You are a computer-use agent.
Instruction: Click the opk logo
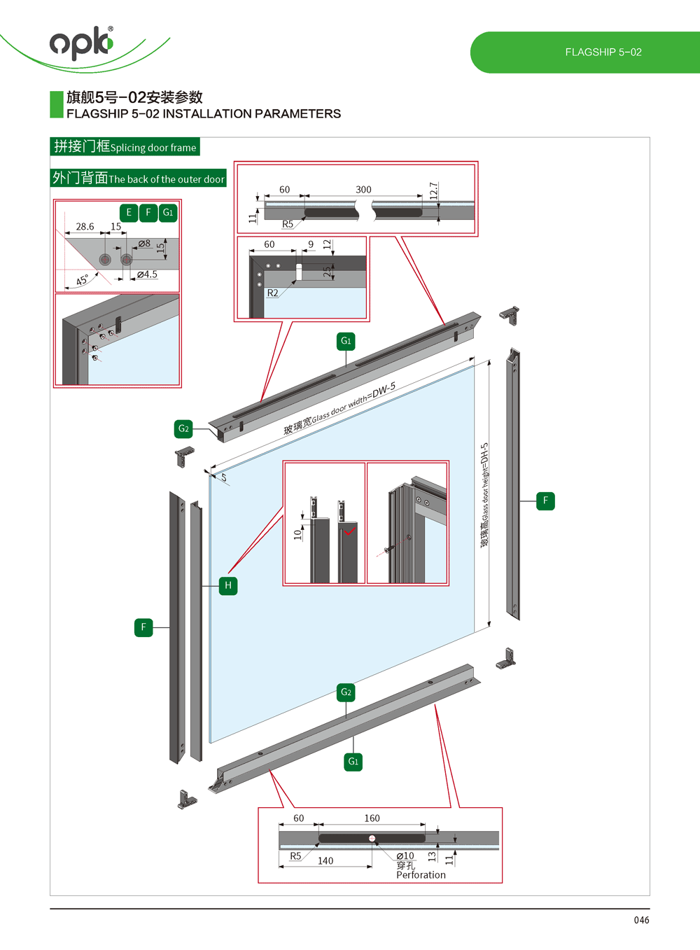point(81,43)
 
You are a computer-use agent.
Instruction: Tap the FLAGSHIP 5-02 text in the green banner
point(603,52)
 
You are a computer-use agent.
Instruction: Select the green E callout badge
point(129,212)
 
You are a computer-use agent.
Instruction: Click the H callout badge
point(228,585)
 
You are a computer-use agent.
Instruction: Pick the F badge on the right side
point(545,501)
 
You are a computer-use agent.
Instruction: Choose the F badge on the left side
point(143,627)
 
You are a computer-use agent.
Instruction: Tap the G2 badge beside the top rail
point(183,428)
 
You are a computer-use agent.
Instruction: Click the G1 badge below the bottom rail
point(353,761)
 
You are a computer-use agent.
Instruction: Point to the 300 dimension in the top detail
point(363,190)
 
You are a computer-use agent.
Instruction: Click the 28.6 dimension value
point(85,227)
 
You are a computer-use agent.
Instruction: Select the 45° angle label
point(83,280)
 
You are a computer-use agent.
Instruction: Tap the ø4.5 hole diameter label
point(147,274)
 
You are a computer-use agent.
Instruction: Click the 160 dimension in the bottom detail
point(372,818)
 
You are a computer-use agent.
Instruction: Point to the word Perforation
point(421,875)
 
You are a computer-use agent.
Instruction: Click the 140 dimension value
point(325,861)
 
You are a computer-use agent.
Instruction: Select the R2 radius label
point(272,293)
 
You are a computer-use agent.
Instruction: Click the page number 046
point(641,920)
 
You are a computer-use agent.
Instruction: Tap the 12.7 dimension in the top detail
point(434,190)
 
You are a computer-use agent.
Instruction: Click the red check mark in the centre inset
point(349,531)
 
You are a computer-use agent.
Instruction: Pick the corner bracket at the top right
point(510,315)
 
